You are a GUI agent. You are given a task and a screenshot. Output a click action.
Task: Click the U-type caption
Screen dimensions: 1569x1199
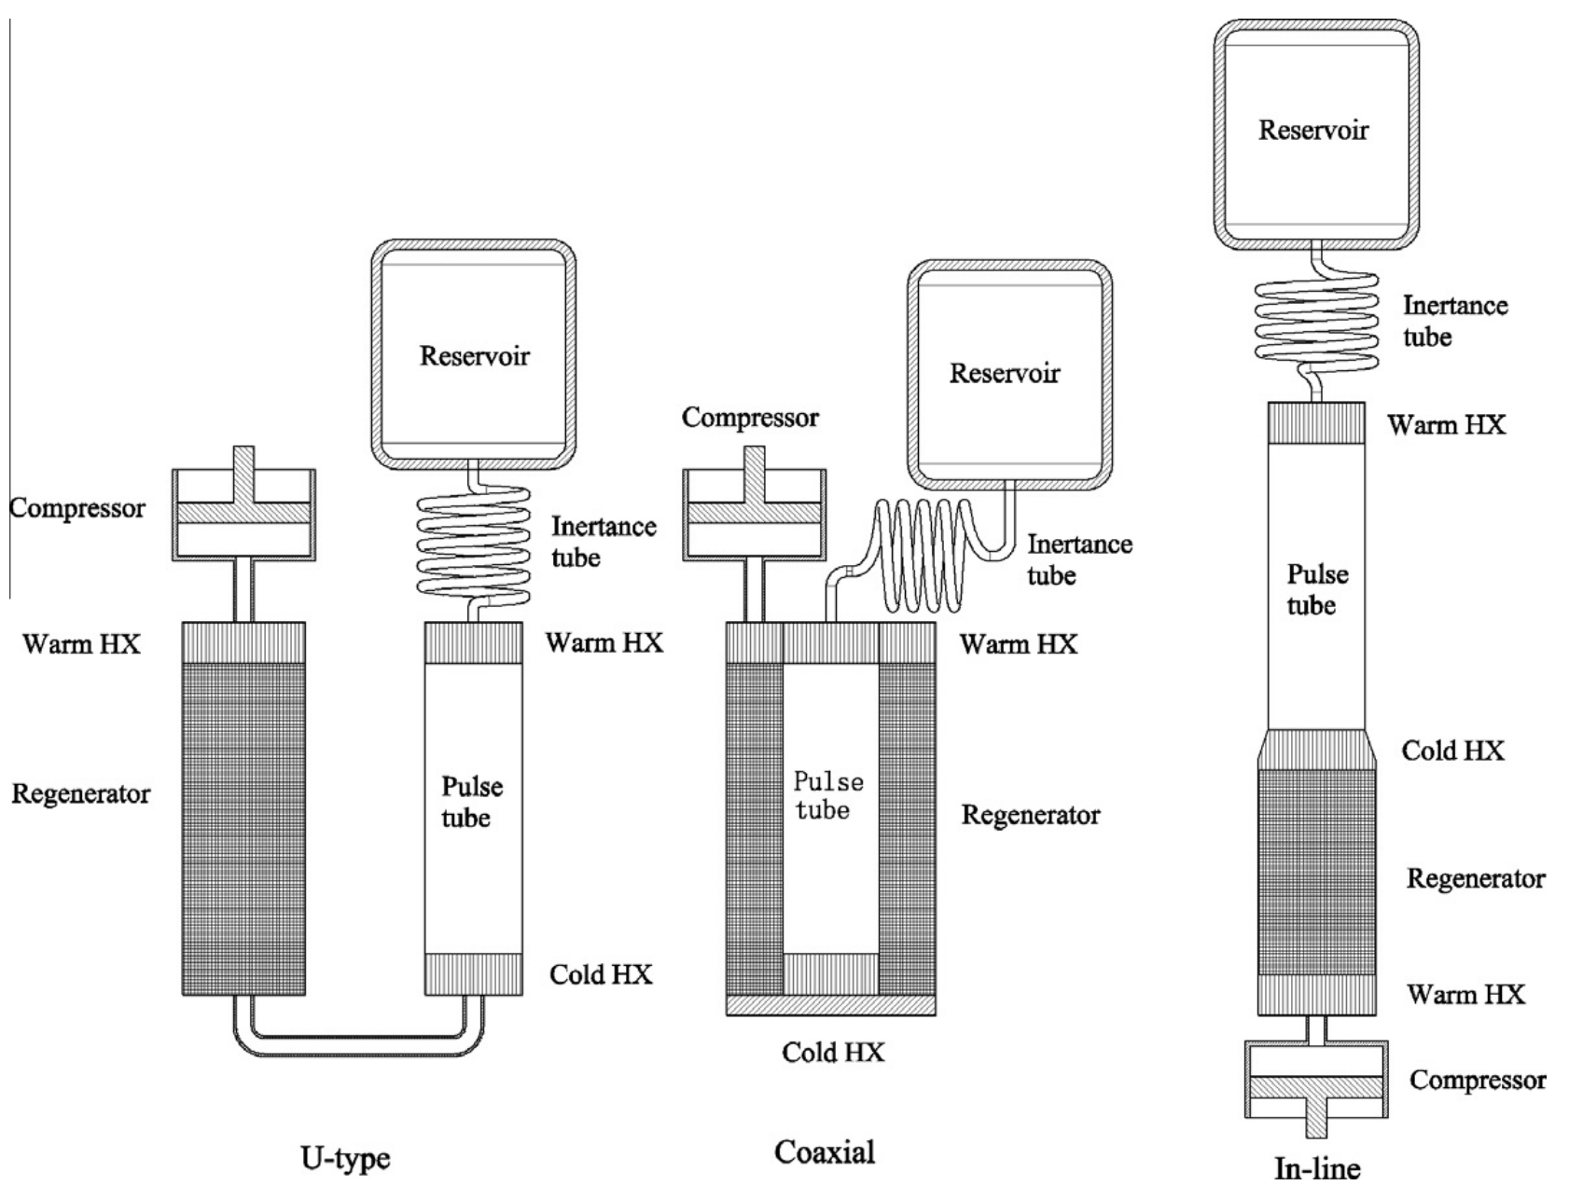tap(345, 1160)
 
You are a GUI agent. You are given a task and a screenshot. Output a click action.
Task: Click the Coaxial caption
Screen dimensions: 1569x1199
tap(825, 1152)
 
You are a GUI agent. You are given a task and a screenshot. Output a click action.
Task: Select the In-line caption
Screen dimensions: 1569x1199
tap(1317, 1168)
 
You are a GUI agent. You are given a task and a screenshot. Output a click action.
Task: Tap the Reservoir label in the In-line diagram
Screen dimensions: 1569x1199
tap(1313, 130)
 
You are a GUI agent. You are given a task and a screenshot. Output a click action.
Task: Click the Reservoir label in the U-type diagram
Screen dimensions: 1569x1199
tap(475, 355)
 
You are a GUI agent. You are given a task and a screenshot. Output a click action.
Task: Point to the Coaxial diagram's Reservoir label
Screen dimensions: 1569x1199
tap(1005, 373)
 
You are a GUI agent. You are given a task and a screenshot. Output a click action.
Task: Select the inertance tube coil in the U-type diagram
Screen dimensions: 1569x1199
tap(473, 545)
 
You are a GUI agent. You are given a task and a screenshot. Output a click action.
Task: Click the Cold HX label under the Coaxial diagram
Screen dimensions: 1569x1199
tap(833, 1053)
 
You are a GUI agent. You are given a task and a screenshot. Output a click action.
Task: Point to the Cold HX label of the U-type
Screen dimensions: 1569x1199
tap(601, 974)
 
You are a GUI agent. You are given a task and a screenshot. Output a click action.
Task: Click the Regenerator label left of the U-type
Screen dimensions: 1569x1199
tap(81, 794)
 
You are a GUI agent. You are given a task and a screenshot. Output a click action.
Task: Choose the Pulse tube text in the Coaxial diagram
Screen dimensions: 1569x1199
tap(827, 795)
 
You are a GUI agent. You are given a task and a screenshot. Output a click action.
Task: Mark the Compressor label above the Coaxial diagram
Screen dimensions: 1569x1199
tap(750, 418)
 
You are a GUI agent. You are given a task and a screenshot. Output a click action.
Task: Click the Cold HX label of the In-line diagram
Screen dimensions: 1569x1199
tap(1453, 751)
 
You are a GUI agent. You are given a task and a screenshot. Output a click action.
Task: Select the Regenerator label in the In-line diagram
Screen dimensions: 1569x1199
tap(1476, 878)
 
